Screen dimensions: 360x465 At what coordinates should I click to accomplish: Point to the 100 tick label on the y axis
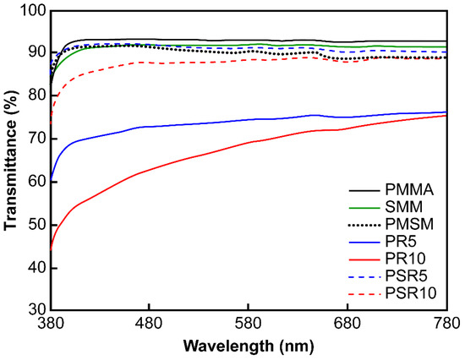tap(32, 10)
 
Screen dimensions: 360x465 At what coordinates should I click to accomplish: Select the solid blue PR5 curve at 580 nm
tap(249, 119)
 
